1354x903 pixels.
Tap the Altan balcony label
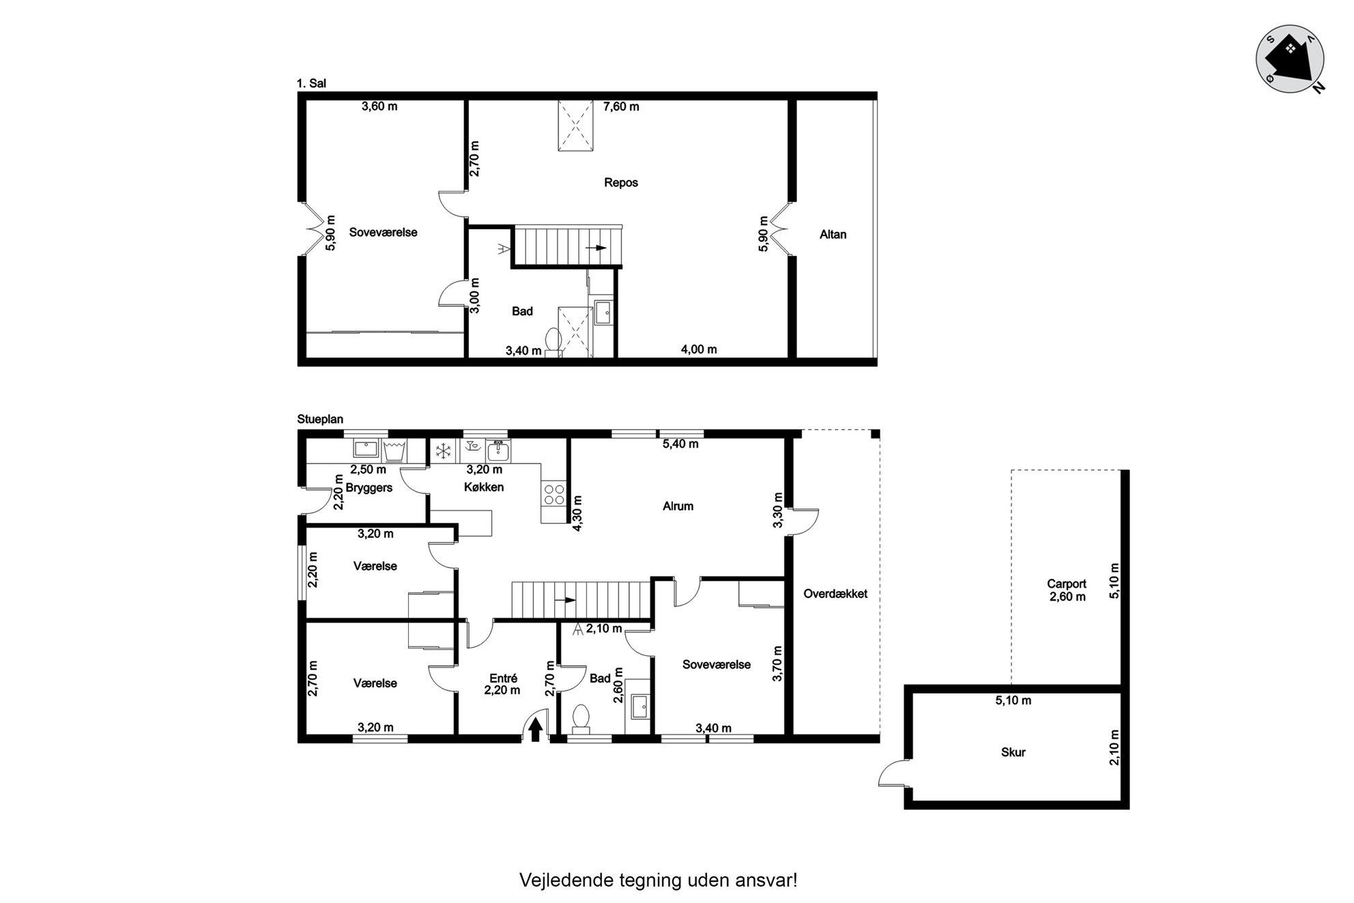(x=833, y=234)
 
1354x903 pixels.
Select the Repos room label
(x=621, y=182)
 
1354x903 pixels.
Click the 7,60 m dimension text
(x=621, y=106)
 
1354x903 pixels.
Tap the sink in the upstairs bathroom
(x=604, y=313)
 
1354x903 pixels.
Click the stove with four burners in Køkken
(x=553, y=493)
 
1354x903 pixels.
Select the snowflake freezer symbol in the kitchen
(x=444, y=450)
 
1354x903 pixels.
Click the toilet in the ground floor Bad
(x=581, y=719)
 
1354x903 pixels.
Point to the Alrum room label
(x=678, y=506)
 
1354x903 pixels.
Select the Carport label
(x=1067, y=584)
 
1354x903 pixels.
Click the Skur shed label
(x=1013, y=752)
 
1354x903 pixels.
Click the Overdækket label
(x=835, y=594)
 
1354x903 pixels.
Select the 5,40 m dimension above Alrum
(x=680, y=444)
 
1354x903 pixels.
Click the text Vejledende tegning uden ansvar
(x=659, y=880)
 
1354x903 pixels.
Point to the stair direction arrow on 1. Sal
(x=596, y=248)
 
